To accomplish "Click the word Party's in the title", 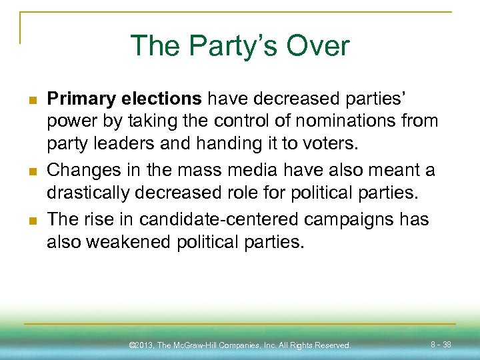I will [x=227, y=46].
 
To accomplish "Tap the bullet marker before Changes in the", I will [x=31, y=171].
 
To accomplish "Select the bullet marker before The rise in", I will [x=31, y=220].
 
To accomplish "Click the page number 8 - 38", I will [x=441, y=345].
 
